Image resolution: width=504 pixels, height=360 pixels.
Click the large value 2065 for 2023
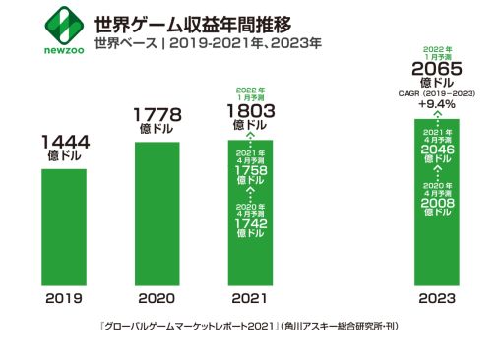pyautogui.click(x=437, y=68)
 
